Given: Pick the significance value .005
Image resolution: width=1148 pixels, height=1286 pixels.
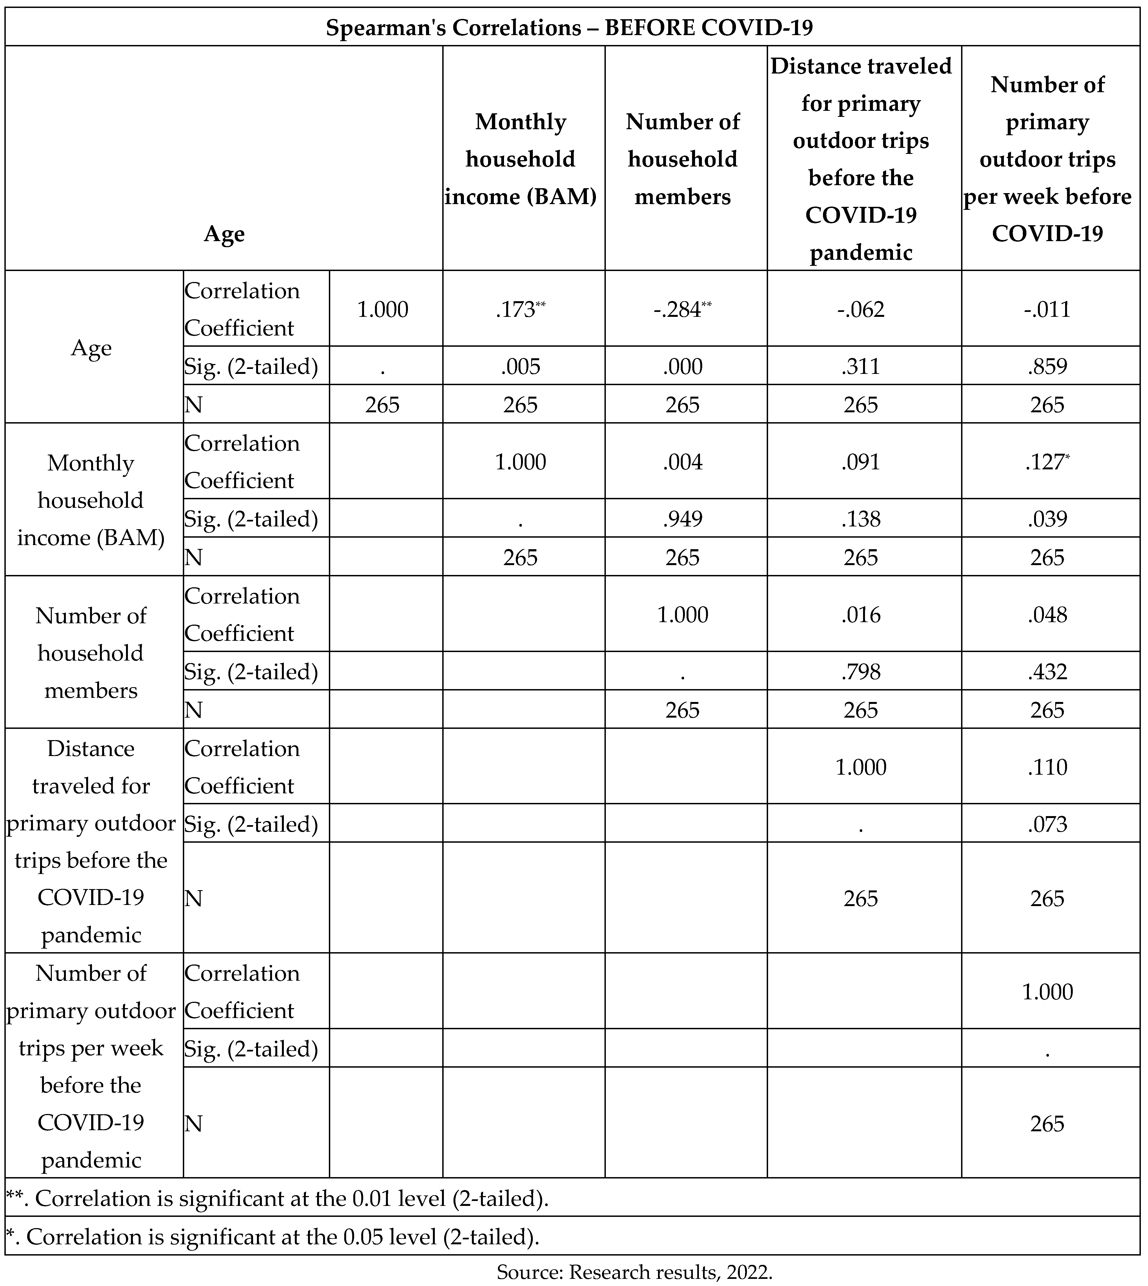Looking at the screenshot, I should (520, 366).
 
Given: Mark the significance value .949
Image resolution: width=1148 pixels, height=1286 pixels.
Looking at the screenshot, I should (682, 519).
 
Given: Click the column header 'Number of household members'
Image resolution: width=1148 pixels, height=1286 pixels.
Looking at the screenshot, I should (682, 159).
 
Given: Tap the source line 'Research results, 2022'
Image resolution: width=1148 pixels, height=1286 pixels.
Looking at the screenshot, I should (634, 1271).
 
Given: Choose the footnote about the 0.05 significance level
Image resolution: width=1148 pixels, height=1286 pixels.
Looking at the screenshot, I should (273, 1237).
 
